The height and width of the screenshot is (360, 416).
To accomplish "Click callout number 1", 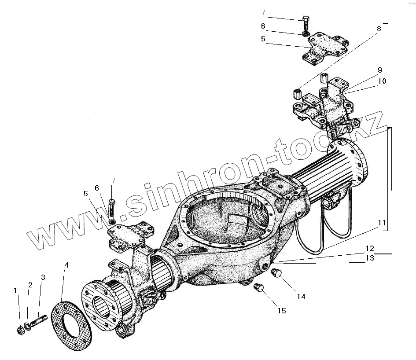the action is coord(15,290).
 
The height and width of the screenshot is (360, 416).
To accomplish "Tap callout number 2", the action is coord(30,285).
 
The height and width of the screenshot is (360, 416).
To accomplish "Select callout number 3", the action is coord(43,277).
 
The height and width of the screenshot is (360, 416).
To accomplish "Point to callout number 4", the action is coord(66,265).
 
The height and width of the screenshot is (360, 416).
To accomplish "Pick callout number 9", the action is coord(379,70).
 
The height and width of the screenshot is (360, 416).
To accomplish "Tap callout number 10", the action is coord(382,81).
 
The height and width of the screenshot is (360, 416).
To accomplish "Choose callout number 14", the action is coord(301,297).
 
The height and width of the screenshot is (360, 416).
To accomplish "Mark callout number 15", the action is coord(281,311).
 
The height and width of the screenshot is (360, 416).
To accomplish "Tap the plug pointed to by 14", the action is coord(277,274).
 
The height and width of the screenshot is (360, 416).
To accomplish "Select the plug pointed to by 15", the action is coord(259,289).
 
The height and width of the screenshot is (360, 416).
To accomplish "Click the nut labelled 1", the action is coord(20,329).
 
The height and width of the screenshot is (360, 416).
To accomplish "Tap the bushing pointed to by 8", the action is coord(296,94).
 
